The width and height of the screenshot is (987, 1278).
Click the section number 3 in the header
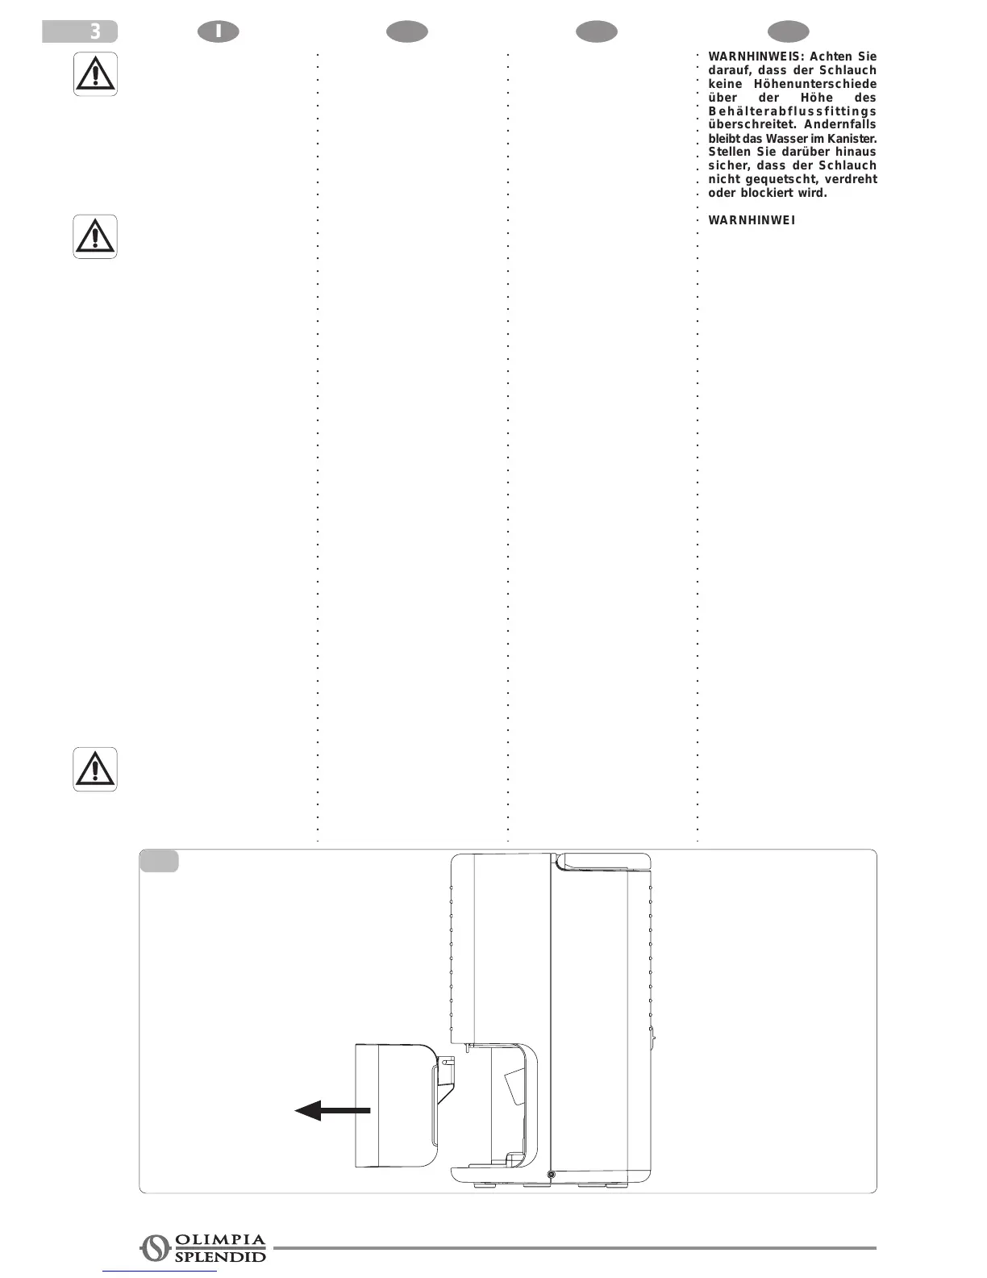coord(95,32)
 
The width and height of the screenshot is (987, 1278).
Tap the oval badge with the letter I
coord(219,31)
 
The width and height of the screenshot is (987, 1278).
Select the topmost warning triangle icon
coord(95,74)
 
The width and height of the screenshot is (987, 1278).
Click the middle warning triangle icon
coord(95,236)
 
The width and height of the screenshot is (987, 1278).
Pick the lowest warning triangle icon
coord(95,769)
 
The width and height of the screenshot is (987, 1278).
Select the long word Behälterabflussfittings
coord(792,111)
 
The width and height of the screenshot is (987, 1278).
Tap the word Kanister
coord(852,139)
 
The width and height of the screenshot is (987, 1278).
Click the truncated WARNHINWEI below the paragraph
coord(752,220)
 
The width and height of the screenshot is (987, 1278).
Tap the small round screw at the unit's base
coord(551,1175)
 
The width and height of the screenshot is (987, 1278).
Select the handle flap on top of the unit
coord(606,861)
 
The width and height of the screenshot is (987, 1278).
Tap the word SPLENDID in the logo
coord(220,1256)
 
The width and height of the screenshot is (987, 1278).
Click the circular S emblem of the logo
coord(154,1248)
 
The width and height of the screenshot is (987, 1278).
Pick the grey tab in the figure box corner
coord(159,861)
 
